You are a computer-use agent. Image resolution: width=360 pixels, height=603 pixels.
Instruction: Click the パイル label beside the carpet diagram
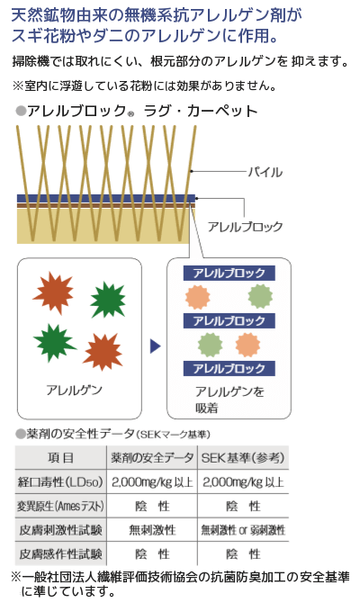click(265, 172)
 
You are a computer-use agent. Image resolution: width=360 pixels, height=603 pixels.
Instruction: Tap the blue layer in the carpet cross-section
click(106, 198)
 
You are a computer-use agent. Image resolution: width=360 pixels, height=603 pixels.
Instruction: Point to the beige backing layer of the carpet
click(103, 226)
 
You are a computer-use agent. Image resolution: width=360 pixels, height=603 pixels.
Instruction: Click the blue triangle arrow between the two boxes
click(155, 346)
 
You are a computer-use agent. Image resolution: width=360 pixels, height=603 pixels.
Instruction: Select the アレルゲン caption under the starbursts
click(74, 390)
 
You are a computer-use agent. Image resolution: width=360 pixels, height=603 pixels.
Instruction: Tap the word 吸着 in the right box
click(206, 408)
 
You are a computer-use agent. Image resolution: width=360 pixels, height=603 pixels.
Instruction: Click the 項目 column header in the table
click(60, 457)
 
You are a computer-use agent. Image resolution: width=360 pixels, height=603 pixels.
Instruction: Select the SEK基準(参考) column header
click(243, 457)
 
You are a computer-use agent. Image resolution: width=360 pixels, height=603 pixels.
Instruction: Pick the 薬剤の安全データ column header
click(152, 457)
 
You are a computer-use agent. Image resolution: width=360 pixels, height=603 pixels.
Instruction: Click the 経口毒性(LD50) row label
click(60, 481)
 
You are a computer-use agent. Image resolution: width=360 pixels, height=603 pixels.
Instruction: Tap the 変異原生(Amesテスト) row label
click(60, 506)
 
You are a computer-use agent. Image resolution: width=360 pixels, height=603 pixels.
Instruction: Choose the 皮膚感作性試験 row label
click(60, 553)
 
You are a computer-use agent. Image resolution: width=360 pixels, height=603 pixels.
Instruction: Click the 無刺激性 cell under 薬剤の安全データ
click(152, 530)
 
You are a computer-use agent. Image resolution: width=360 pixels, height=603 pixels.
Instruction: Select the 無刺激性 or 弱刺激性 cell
click(243, 530)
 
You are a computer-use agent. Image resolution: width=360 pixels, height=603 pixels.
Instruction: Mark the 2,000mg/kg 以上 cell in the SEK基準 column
click(243, 481)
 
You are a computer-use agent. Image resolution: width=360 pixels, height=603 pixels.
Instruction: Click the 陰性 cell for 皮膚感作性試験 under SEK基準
click(243, 553)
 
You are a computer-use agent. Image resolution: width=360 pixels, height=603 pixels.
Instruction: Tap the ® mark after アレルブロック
click(130, 114)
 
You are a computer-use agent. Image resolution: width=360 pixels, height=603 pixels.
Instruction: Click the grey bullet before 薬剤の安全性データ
click(20, 434)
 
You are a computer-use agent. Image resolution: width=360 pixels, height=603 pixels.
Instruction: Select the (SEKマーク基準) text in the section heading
click(173, 435)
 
